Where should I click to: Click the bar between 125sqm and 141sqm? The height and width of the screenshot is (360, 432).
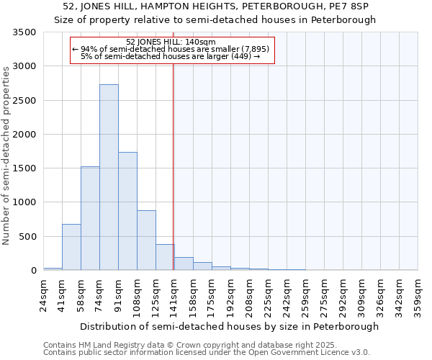tap(165, 257)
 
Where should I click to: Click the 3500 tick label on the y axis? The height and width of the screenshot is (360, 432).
tap(24, 32)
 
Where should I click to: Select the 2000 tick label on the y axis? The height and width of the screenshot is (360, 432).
tap(24, 135)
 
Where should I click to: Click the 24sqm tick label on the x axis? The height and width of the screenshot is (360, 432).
tap(44, 294)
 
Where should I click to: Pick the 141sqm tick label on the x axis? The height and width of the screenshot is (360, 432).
tap(175, 294)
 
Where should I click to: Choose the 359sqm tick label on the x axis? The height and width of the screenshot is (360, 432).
tap(418, 294)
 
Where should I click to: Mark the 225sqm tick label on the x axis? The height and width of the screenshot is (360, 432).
tap(269, 294)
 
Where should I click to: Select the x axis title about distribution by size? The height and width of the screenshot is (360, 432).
tap(229, 326)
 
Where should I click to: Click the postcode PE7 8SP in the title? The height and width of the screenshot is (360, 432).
tap(355, 6)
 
